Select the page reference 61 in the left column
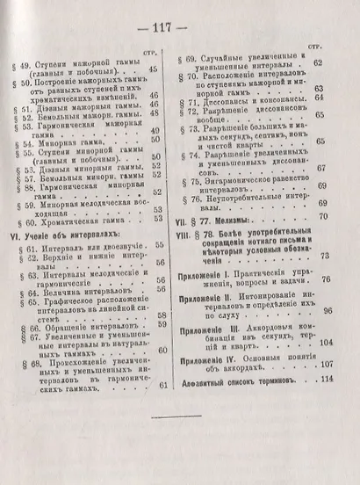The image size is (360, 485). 162,384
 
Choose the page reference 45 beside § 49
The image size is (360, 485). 157,69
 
